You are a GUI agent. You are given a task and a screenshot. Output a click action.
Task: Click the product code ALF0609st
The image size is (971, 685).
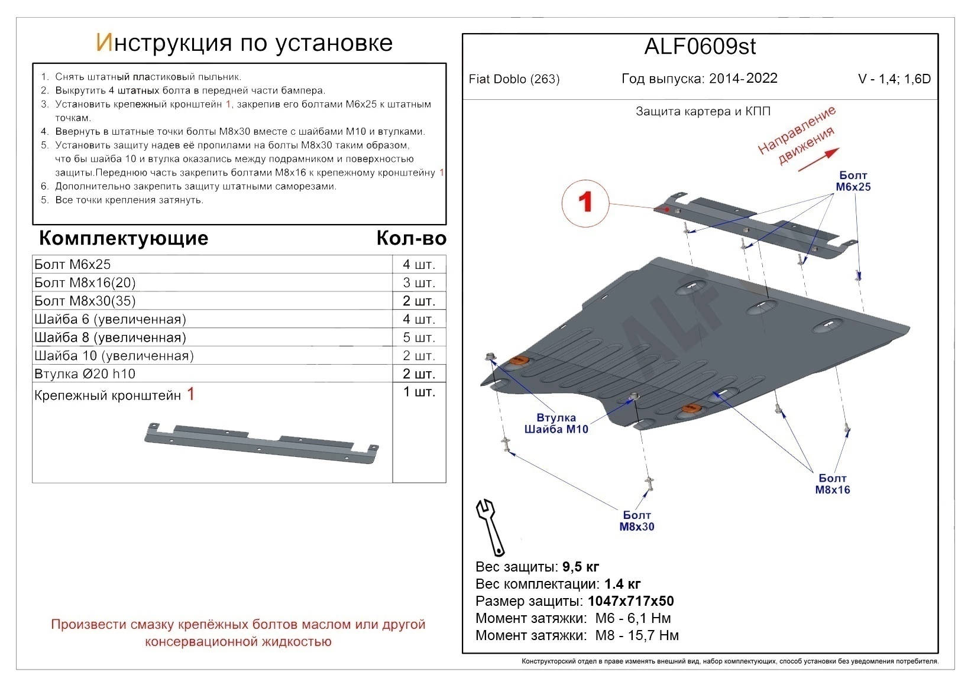(700, 47)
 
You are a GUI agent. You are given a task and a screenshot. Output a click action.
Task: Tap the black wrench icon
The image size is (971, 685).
(490, 526)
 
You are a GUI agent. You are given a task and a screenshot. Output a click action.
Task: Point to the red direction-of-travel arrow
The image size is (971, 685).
(819, 160)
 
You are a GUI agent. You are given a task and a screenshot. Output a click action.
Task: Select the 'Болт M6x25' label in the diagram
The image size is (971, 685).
(853, 181)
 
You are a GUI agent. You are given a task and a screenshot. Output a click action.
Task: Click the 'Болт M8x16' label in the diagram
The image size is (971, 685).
(832, 483)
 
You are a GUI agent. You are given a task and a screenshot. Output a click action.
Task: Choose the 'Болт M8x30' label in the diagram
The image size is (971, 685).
(637, 521)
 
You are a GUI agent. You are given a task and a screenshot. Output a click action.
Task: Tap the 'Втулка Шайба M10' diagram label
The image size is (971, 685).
(556, 423)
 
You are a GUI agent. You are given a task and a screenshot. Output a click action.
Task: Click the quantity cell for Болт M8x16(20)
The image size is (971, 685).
(419, 283)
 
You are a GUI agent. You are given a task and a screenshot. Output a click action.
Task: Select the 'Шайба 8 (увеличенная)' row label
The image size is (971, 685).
(110, 337)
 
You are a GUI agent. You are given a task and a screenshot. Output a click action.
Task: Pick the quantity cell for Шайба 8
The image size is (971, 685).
(419, 337)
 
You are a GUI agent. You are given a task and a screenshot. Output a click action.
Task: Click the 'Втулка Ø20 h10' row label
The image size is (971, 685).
(85, 374)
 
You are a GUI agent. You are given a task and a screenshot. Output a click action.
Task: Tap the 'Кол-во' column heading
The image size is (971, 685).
(411, 238)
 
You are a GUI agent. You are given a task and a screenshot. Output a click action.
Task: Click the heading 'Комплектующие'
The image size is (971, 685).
(124, 238)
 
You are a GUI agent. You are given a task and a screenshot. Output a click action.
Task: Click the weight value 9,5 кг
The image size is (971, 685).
(581, 567)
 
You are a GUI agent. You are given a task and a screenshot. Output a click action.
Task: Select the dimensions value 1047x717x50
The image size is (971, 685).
(631, 601)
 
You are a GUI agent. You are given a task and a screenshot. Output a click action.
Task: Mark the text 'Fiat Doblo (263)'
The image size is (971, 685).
(514, 79)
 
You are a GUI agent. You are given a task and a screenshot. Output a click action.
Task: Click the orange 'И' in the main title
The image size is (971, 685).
(103, 43)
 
